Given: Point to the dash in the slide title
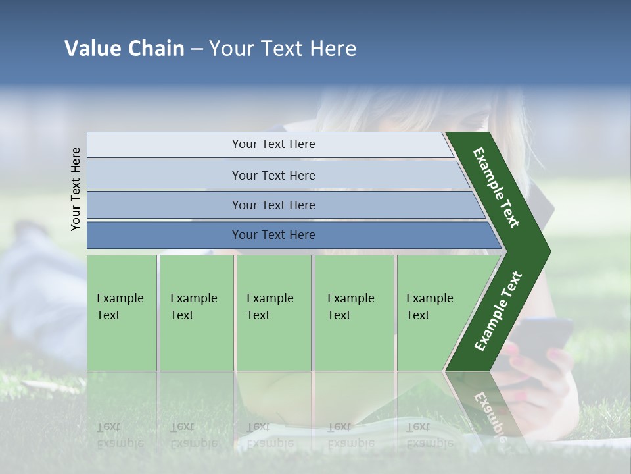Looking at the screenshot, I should [x=197, y=49].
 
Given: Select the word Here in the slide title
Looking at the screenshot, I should [x=333, y=49].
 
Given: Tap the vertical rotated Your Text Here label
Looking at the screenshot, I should [x=76, y=189].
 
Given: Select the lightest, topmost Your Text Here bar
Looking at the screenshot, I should [x=273, y=144].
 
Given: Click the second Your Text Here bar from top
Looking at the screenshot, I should [x=273, y=175].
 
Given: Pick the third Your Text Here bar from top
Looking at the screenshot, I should [x=273, y=205].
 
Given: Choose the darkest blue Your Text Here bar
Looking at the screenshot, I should [x=273, y=235].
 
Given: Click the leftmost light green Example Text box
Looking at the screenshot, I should [x=122, y=313].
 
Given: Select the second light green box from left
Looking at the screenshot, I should [x=196, y=313].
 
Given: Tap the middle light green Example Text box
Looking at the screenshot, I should [x=273, y=313].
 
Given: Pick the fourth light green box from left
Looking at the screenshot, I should [x=354, y=313].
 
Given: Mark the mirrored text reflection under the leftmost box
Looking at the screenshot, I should [x=120, y=435].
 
